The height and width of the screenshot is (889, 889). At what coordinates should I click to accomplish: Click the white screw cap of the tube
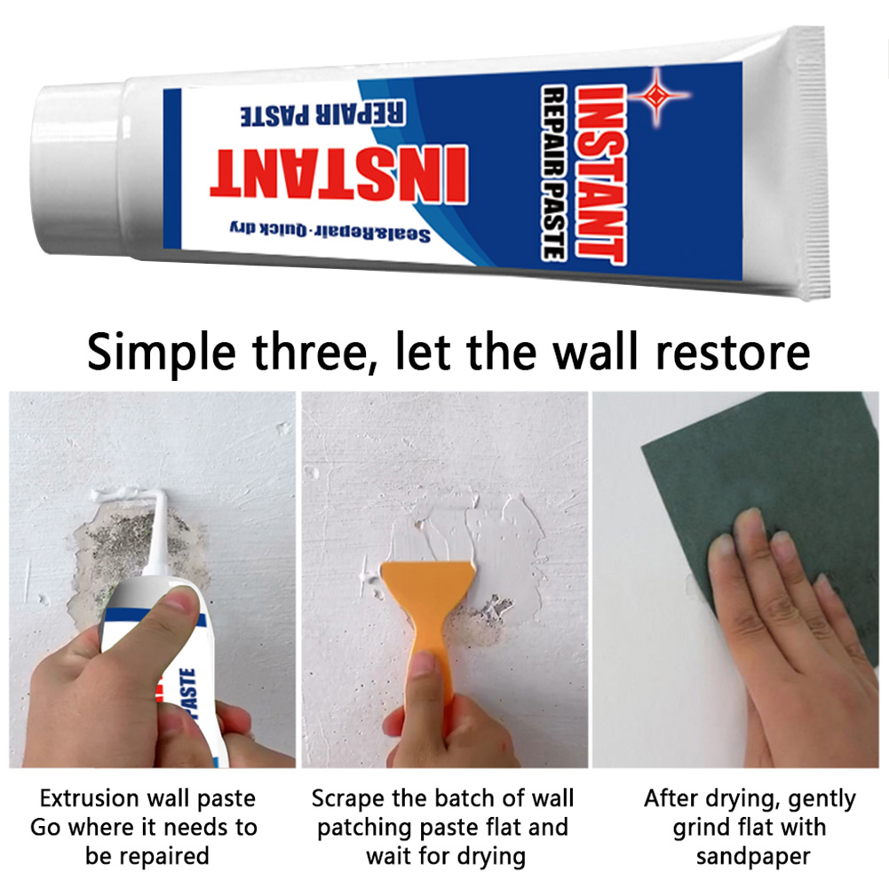75,169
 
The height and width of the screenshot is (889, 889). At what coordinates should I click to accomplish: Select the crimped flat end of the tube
812,163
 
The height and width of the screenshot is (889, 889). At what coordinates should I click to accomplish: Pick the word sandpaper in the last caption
752,856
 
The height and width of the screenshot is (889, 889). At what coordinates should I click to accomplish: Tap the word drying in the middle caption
488,856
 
